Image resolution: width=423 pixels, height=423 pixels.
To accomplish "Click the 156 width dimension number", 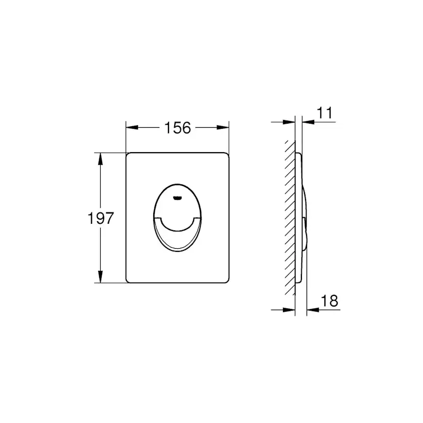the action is pos(177,128).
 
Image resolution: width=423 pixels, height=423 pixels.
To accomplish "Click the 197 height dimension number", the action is pos(101,218).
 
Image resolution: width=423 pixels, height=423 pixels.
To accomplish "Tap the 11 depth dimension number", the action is pos(325,113).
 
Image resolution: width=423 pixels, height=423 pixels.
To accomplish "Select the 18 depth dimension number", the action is pos(330,301).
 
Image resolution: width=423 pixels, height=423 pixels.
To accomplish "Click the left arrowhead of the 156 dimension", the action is pos(132,127).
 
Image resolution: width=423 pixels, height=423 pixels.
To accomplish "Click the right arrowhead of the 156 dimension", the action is pos(223,127).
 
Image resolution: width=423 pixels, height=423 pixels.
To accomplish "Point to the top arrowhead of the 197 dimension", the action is pos(100,158).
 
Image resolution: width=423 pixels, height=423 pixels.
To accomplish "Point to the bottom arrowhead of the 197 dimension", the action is pos(100,277).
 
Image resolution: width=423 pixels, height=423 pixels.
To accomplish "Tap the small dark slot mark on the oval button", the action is pos(177,198).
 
